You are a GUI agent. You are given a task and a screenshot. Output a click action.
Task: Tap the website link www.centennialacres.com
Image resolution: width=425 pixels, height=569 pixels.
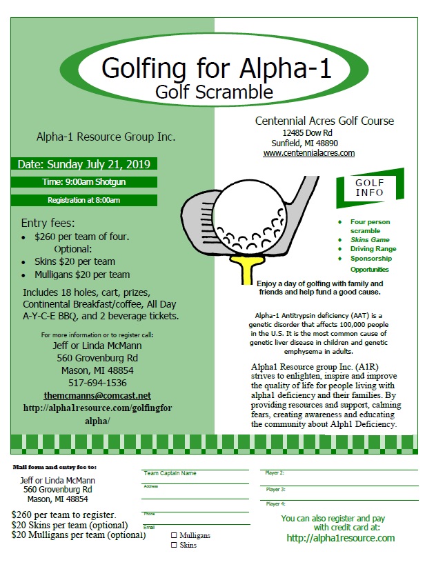[308, 153]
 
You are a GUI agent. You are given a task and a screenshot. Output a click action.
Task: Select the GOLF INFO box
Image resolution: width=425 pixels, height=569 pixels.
[370, 187]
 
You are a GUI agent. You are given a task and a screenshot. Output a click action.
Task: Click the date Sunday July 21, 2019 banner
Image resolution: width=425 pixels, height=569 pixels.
[84, 165]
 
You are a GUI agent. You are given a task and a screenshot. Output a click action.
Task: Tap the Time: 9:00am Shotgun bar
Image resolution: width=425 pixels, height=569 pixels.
[83, 182]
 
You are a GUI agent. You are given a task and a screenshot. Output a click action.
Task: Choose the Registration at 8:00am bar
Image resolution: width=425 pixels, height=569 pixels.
[83, 200]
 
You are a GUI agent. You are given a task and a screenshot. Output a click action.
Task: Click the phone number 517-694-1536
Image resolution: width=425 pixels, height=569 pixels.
[97, 382]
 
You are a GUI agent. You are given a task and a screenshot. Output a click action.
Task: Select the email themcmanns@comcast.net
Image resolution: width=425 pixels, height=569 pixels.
[97, 395]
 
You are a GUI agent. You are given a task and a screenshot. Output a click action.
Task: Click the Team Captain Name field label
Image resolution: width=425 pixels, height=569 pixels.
[170, 474]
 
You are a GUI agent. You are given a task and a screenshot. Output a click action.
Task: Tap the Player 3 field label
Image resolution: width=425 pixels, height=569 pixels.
[275, 489]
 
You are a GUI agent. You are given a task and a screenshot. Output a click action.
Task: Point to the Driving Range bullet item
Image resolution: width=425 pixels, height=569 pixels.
[373, 249]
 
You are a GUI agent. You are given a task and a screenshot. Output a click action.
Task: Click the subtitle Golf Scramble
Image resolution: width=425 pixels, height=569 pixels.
[214, 91]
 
